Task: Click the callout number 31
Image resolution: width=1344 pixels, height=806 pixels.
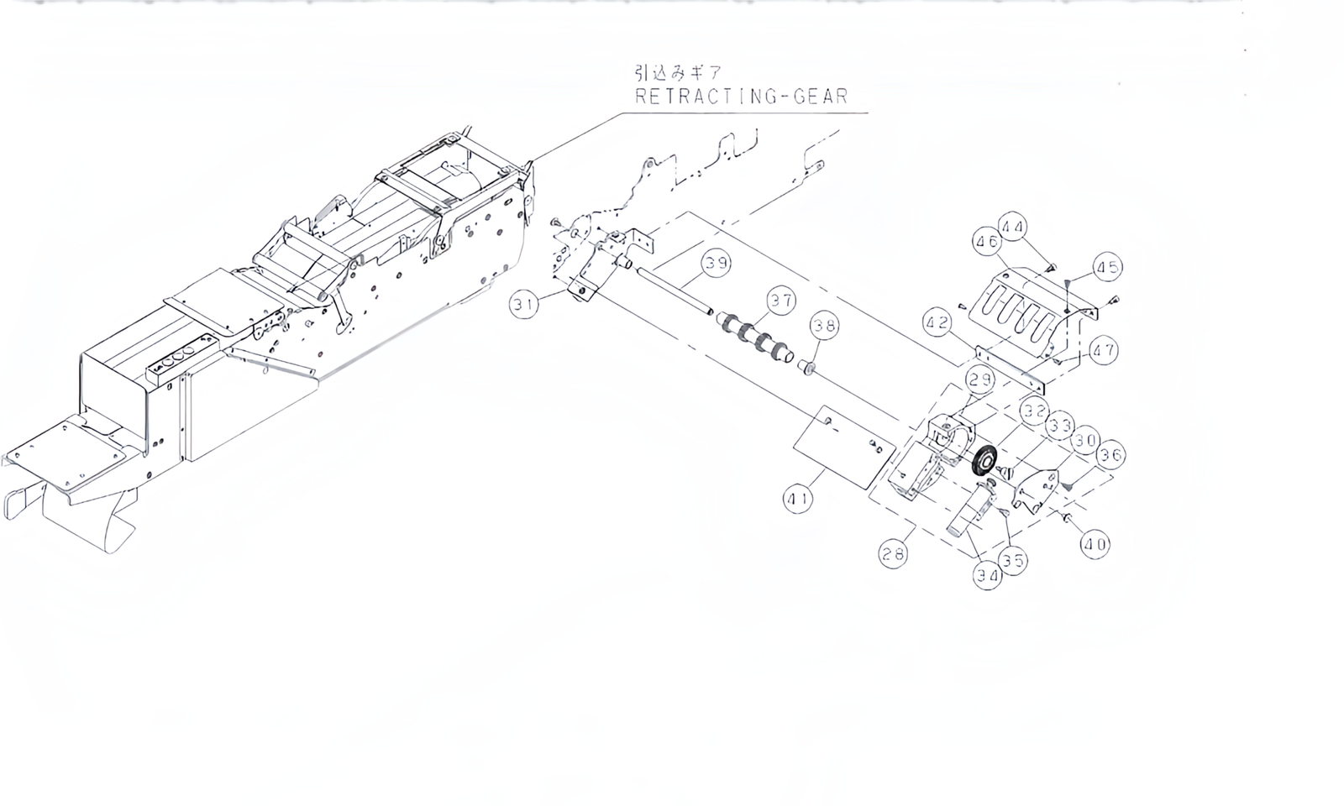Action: coord(525,306)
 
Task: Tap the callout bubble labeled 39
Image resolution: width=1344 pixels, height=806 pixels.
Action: coord(717,264)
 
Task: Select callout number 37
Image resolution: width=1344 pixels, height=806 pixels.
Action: coord(781,301)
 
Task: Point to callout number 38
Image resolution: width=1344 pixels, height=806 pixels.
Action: coord(825,326)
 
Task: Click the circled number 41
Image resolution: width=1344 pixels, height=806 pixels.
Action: coord(798,500)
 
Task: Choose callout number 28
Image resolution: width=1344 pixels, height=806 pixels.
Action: coord(894,554)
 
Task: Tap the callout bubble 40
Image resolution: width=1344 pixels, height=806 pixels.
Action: coord(1095,544)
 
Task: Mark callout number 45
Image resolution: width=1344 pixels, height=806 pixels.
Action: coord(1108,267)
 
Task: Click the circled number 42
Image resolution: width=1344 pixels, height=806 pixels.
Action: coord(939,322)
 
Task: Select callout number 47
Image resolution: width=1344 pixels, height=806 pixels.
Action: coord(1104,350)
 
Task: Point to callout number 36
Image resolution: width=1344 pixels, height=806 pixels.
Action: coord(1110,456)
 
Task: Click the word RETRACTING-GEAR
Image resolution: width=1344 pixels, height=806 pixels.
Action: coord(741,97)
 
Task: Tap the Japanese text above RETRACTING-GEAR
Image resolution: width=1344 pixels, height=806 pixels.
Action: coord(679,72)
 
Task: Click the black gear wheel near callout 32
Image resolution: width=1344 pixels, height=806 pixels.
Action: coord(982,462)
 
